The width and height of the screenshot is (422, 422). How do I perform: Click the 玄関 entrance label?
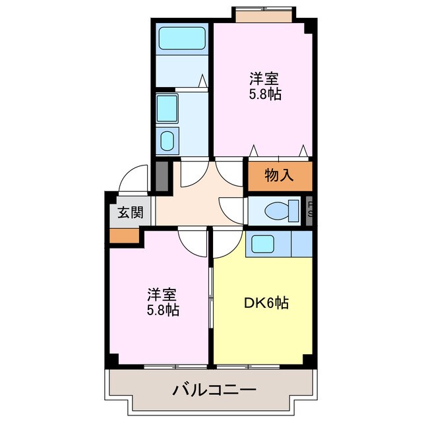131,212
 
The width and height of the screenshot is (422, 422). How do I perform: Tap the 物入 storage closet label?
279,175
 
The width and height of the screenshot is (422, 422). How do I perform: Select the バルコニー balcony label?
214,390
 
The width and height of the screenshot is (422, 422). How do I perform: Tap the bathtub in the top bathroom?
182,38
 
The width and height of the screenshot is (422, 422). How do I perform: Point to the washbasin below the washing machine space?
168,140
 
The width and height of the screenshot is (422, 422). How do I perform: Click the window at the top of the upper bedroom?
264,13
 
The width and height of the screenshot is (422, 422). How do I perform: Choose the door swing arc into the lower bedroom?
192,242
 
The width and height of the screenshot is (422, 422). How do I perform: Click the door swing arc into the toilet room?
233,210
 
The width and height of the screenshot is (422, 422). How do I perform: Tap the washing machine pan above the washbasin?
167,107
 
